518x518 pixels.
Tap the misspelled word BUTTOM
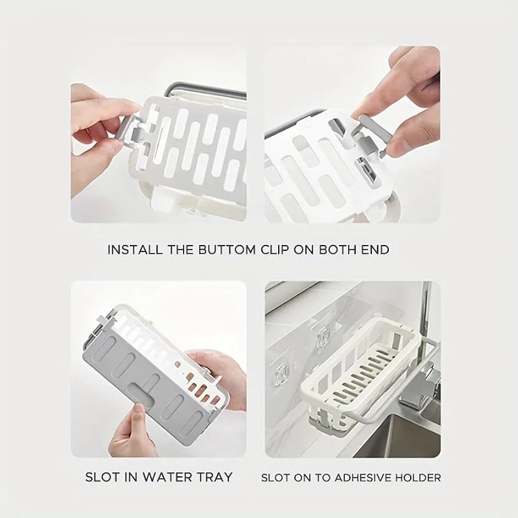tap(227, 249)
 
